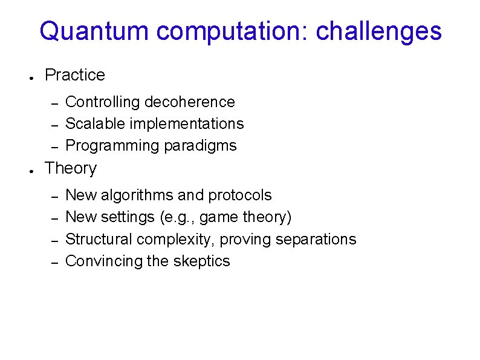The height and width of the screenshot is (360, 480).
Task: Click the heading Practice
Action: coord(75,75)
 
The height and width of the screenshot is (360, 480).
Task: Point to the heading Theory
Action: coord(71,168)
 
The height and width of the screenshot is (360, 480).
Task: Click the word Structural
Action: coord(99,239)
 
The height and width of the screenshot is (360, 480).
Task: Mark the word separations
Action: coord(316,239)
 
